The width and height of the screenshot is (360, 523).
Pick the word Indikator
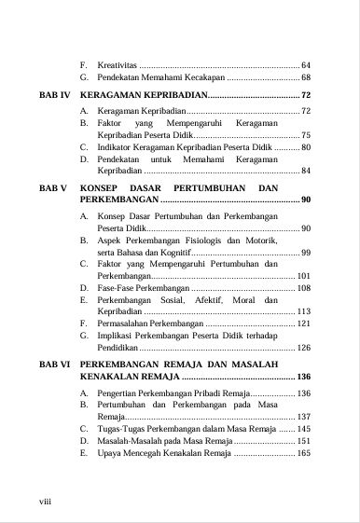(x=119, y=147)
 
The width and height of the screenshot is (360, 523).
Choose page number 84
(x=305, y=172)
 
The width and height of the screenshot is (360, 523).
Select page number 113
(x=303, y=311)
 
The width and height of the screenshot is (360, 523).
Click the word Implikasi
(x=117, y=336)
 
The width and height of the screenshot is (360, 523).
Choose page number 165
(x=303, y=455)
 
